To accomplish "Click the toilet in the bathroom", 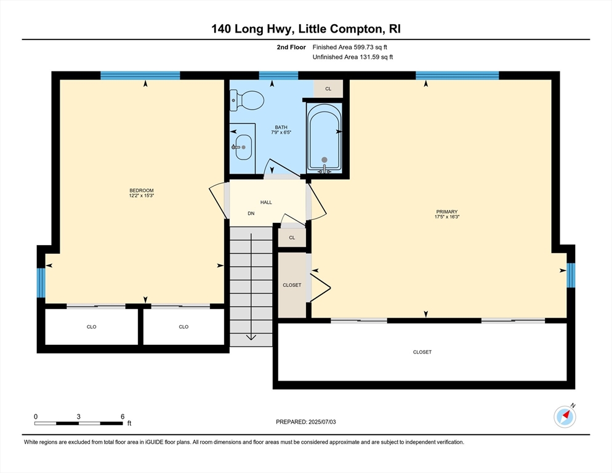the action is pos(246,100).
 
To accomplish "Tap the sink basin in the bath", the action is pos(244,147).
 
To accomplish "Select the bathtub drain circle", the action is pos(324,160).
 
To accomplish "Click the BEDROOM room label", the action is pos(141,190).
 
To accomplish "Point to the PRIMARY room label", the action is pos(447,212).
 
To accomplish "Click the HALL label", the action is pos(266,203).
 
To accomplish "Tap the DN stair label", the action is pos(251,213).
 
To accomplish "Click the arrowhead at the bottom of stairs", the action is pos(251,337).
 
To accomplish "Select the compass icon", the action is pos(565,416).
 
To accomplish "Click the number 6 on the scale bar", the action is pos(123,416).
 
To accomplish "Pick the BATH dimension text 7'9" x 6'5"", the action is pos(281,132).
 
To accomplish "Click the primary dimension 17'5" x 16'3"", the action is pos(447,217).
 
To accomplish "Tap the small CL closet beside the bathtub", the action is pos(328,89).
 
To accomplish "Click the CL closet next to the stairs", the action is pos(292,238).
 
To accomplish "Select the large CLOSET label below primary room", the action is pos(422,352).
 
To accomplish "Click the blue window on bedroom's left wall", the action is pos(41,283).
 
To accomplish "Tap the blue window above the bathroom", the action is pos(279,75).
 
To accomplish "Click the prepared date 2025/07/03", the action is pos(322,422).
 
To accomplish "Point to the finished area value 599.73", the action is pos(364,47).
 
